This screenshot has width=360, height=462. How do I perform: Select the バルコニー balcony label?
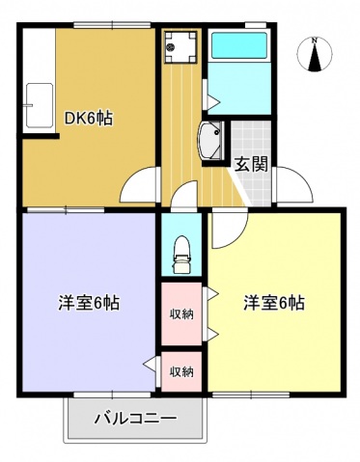135,420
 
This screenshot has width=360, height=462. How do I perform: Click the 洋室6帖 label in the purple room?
87,303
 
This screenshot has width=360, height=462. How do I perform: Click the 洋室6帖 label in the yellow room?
273,303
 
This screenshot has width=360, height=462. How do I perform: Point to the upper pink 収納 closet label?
180,313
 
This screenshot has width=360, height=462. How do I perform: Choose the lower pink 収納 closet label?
180,370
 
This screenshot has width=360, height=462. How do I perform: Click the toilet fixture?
180,253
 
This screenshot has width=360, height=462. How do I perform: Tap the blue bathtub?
237,48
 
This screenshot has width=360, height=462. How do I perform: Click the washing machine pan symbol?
180,44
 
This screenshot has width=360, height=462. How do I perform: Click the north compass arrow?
316,57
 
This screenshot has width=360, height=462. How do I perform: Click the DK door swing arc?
141,182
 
